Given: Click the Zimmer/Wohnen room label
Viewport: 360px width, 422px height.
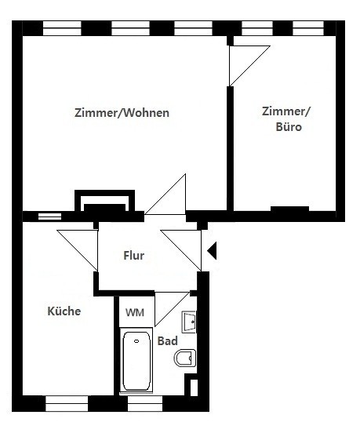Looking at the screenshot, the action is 122,113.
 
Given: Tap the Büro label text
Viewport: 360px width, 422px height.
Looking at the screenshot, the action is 289,127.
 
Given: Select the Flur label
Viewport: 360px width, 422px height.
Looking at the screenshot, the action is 133,256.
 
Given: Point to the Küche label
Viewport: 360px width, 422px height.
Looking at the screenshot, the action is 64,311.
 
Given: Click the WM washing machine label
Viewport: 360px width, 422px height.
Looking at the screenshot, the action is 135,312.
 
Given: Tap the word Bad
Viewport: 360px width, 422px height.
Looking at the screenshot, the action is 167,341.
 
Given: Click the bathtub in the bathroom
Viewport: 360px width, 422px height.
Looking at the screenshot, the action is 136,361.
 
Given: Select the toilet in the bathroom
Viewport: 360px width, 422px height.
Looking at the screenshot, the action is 185,358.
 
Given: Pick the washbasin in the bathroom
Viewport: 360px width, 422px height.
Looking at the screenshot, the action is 189,322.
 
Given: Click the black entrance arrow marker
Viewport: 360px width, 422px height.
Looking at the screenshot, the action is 212,250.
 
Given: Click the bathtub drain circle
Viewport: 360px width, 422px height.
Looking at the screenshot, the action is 136,341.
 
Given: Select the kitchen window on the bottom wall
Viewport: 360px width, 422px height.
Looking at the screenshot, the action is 67,403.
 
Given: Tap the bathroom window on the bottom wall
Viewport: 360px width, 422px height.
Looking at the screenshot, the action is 145,403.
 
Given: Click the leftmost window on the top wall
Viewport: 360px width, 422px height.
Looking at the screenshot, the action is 62,28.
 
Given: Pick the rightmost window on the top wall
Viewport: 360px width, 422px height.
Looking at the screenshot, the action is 308,28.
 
